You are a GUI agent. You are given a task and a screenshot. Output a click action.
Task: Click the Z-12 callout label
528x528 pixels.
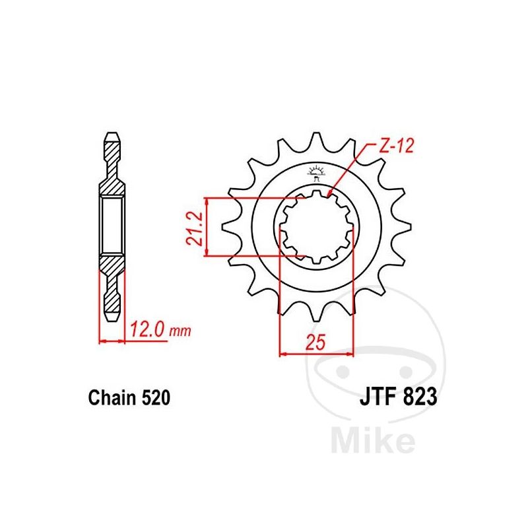(x=397, y=147)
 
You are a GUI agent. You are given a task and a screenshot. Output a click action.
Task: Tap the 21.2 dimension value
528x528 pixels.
(x=195, y=228)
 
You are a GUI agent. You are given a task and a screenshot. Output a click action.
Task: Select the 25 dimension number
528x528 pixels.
(x=315, y=342)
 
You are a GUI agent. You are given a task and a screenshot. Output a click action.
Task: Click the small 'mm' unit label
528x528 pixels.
(x=180, y=332)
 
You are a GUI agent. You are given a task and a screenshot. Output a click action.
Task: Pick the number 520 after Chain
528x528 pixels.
(x=156, y=398)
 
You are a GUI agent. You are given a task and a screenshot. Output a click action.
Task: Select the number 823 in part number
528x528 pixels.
(x=418, y=397)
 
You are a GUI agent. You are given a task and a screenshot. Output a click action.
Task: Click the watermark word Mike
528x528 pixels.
(x=373, y=440)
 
